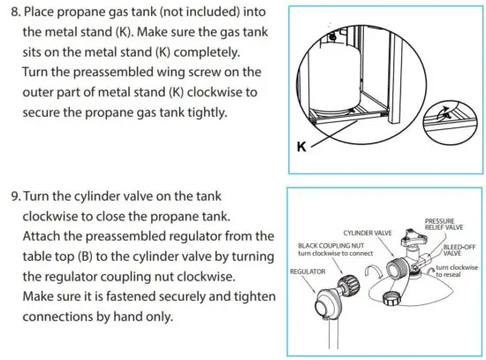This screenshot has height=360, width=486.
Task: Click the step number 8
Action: coord(16,13)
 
